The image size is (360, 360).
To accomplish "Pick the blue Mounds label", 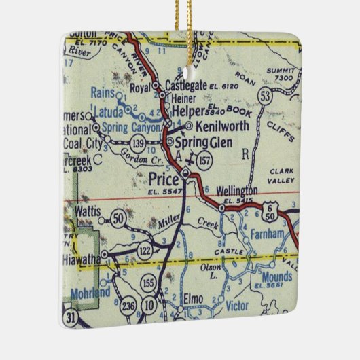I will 277,276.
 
